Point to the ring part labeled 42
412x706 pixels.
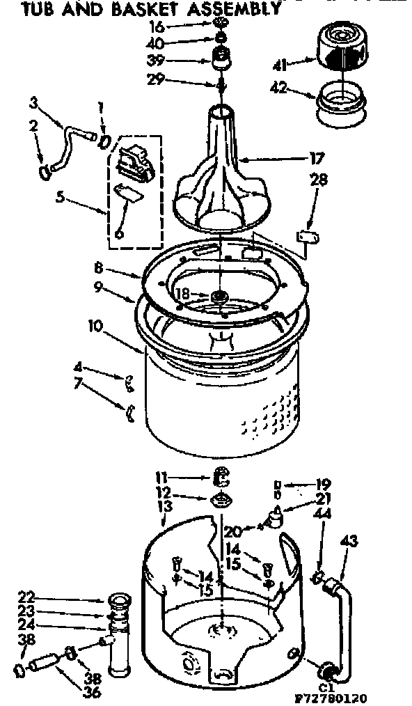[x=344, y=103]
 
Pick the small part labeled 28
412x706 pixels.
[x=306, y=237]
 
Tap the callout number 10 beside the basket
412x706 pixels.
[x=94, y=324]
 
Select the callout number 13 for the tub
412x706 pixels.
[x=164, y=505]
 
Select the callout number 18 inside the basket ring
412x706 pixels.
[x=182, y=295]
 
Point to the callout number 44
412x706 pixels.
[x=322, y=514]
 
